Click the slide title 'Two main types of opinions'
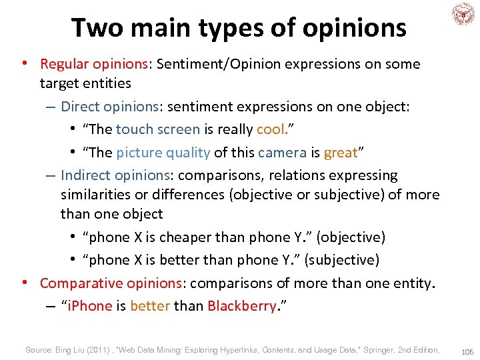238,27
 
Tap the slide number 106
466,351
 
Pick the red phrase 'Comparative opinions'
111,283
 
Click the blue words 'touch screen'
157,129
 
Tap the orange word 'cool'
271,129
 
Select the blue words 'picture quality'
163,152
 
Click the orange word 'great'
340,152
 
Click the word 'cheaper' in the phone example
187,237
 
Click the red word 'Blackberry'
241,306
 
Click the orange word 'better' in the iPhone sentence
150,306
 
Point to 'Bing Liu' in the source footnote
71,349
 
